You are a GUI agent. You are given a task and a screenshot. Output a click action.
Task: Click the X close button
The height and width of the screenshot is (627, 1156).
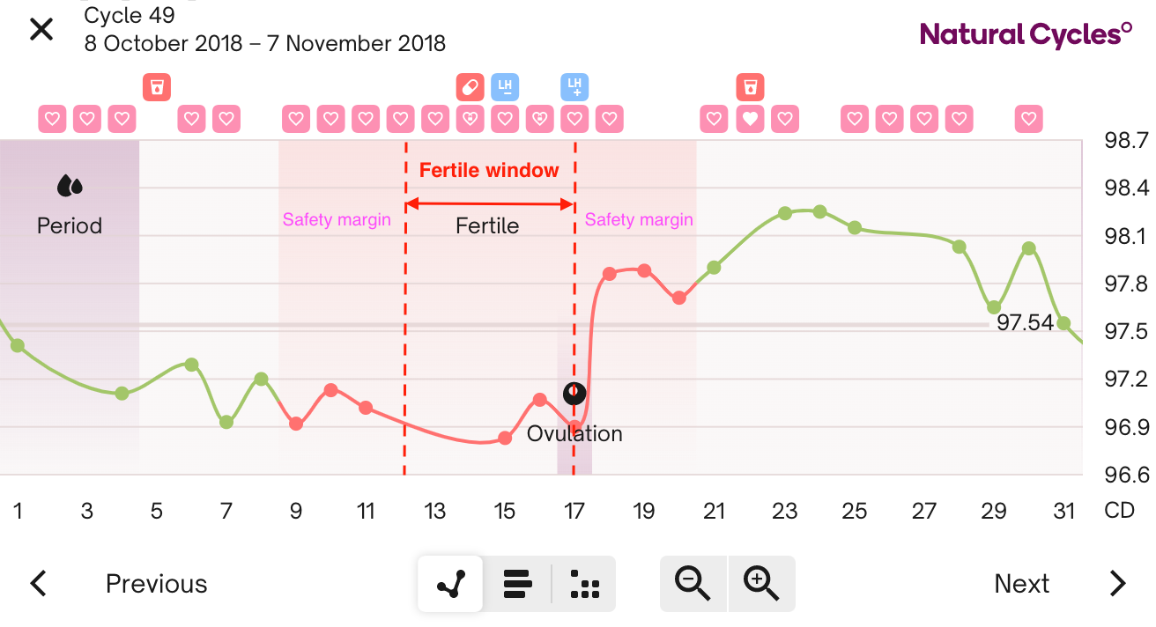point(41,29)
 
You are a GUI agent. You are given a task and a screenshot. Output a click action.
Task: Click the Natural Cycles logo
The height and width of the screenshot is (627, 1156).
point(1026,34)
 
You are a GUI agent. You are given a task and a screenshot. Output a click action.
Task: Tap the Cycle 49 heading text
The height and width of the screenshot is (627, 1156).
point(130,15)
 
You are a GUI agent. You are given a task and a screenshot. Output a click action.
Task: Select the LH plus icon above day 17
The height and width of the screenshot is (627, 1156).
point(574,87)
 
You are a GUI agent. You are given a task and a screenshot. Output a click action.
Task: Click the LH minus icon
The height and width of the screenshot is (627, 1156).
point(505,87)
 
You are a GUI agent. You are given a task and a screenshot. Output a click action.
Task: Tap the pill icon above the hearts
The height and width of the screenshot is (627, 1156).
point(470,87)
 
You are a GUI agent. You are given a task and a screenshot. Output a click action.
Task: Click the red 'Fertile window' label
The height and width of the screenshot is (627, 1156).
point(489,171)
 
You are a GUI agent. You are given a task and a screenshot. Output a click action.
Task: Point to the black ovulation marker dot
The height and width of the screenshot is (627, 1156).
point(574,393)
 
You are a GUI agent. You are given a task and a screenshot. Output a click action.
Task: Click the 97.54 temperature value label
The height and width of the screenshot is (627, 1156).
point(1025,323)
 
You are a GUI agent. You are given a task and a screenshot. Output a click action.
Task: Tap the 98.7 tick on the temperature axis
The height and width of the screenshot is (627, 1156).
point(1125,141)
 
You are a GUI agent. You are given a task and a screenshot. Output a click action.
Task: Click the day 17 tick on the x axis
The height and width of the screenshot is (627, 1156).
point(574,511)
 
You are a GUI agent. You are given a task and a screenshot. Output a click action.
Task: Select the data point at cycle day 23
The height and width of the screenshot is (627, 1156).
point(784,213)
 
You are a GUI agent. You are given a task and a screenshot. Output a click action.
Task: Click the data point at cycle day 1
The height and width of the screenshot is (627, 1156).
point(18,345)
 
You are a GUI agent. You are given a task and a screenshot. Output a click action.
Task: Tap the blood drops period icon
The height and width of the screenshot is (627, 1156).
point(70,186)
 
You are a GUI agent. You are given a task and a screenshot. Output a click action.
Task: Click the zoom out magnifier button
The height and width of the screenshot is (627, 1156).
point(693,583)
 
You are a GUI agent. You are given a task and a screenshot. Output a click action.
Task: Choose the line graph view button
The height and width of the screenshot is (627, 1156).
point(450,583)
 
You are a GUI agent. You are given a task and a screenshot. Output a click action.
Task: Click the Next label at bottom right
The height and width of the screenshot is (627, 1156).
point(1021,584)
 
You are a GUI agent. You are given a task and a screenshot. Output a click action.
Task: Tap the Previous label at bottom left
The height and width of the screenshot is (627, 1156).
point(156,584)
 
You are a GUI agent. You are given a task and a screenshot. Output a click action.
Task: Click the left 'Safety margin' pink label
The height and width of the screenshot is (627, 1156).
point(337,220)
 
